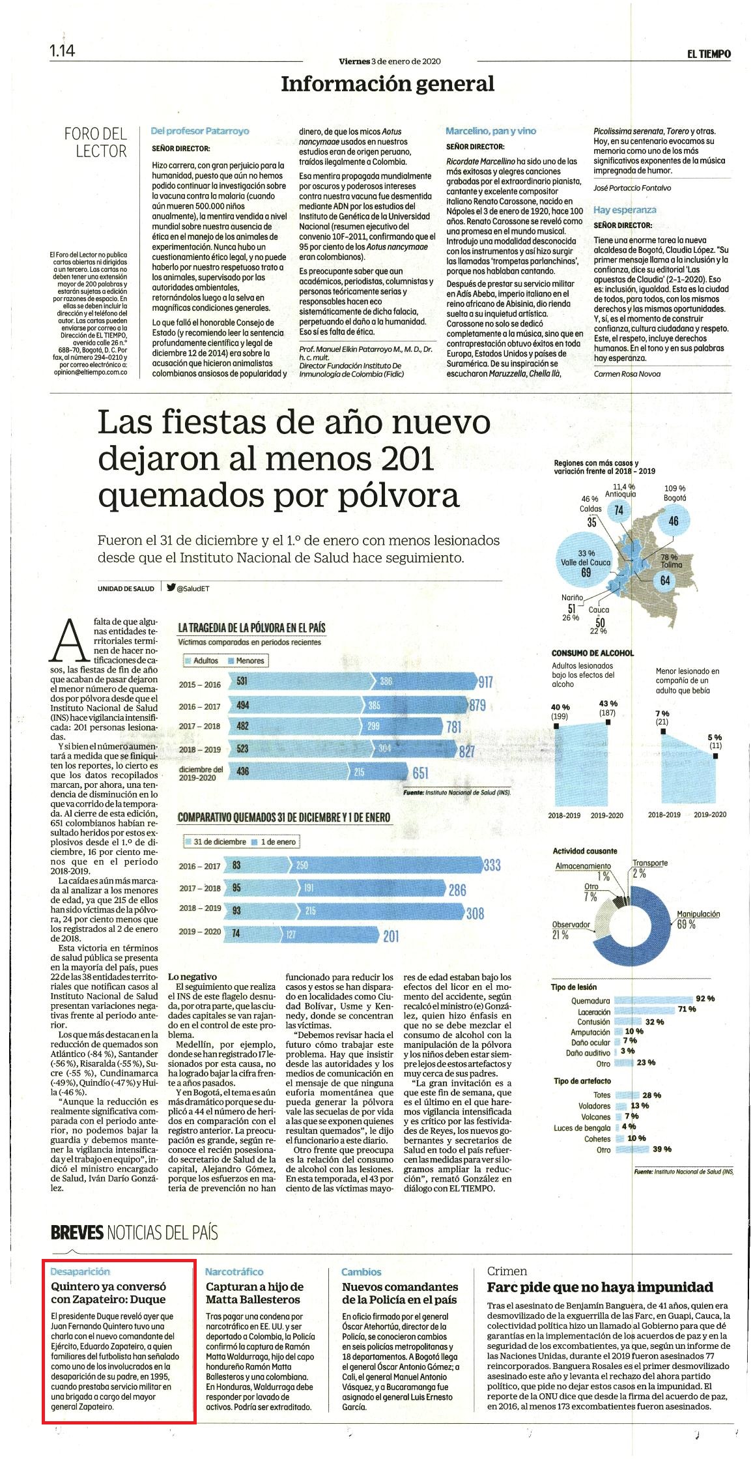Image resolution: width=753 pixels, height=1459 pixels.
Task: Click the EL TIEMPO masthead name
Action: click(709, 54)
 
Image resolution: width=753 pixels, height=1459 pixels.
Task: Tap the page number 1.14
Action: click(63, 50)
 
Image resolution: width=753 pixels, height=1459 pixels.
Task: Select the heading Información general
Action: click(388, 83)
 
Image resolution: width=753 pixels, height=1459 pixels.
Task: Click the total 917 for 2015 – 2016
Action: click(485, 683)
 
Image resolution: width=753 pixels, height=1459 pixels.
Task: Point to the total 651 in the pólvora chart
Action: click(420, 773)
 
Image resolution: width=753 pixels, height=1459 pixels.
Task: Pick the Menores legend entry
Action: click(246, 661)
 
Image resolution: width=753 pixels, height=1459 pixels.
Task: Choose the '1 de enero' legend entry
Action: click(274, 842)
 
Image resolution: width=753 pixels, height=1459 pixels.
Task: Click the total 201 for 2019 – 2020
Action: click(391, 936)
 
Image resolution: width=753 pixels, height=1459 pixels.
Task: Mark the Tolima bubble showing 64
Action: click(665, 579)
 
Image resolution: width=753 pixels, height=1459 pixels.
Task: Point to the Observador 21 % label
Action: click(571, 929)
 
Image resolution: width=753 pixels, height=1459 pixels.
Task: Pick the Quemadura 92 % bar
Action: click(653, 1000)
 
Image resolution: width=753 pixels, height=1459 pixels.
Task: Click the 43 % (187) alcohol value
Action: click(608, 708)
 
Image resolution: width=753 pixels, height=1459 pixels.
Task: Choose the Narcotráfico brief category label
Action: click(234, 1271)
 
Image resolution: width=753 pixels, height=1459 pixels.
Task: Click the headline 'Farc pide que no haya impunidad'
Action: click(600, 1287)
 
